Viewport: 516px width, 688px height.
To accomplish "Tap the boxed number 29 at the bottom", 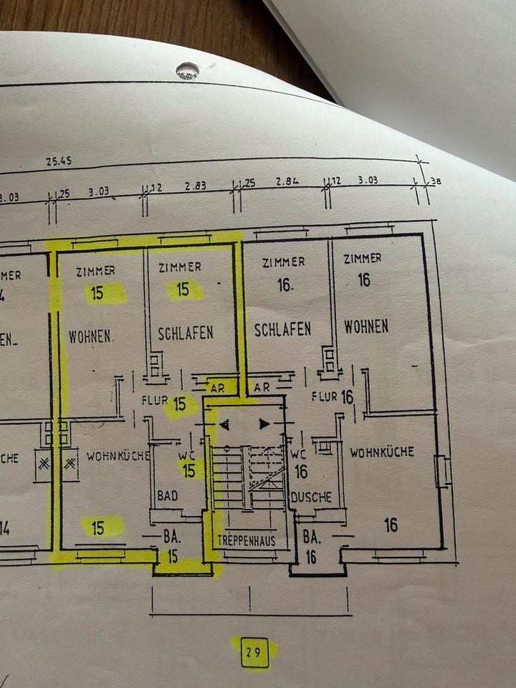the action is pos(254,652).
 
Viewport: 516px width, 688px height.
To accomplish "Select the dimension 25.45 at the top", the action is pos(59,162).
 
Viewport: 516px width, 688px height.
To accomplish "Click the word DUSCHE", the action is pos(310,497).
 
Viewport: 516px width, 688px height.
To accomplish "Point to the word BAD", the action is pos(167,495).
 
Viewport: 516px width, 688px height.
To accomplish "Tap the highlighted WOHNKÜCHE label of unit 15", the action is pos(118,455).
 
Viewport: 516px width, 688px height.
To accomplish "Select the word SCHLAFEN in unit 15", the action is pos(186,333).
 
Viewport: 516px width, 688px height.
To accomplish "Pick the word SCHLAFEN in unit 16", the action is pos(282,329).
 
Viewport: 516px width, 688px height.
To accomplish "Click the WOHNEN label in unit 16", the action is pos(365,327).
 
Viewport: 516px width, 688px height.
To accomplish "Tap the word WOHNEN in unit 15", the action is pos(90,335).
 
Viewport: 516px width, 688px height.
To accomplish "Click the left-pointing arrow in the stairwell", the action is pos(225,425).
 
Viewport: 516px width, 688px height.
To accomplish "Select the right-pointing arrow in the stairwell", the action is pos(264,424).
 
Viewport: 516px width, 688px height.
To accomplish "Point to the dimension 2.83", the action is pos(195,185).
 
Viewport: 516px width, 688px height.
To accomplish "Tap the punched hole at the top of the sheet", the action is pos(187,70).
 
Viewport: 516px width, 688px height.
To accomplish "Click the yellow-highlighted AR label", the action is pos(221,388).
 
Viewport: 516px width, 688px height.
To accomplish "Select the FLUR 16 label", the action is pos(333,396).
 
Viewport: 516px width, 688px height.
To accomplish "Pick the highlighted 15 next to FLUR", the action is pos(180,405).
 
